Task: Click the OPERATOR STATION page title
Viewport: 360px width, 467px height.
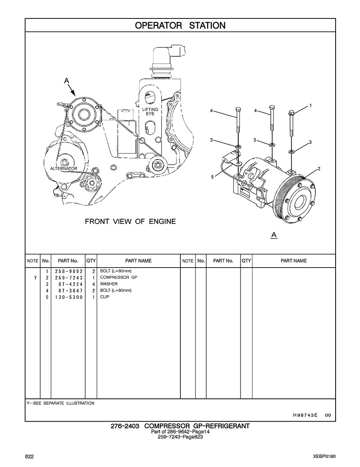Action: click(180, 25)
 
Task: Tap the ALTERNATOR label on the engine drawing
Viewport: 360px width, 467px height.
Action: click(64, 168)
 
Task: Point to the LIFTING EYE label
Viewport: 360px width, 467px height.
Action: click(150, 111)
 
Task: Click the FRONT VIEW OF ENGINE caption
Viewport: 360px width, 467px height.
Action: click(130, 221)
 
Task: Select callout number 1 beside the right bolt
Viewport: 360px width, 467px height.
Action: click(311, 105)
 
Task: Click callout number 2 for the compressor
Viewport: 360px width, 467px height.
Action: click(319, 169)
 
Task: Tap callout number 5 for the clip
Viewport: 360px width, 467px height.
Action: click(212, 177)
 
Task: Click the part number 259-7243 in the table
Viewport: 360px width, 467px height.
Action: click(69, 277)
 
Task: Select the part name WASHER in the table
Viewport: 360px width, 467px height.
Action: click(109, 284)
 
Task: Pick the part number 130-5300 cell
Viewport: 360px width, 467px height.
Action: click(69, 297)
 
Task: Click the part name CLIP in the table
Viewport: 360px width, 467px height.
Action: click(105, 297)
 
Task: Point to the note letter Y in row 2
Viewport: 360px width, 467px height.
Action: click(35, 277)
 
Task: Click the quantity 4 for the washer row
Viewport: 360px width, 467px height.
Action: click(93, 284)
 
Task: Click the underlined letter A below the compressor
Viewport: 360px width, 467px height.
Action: click(274, 235)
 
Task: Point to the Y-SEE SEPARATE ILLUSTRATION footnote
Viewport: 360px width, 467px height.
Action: click(60, 403)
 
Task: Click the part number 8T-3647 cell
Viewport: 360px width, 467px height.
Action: click(71, 290)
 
